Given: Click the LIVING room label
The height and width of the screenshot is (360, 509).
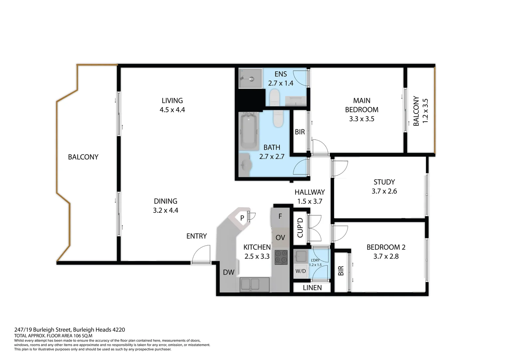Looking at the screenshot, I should (172, 101).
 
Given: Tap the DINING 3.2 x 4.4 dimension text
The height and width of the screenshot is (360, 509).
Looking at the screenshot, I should (166, 210).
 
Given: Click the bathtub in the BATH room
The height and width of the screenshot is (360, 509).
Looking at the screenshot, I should (249, 132).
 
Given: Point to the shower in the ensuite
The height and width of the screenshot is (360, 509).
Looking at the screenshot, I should (250, 79).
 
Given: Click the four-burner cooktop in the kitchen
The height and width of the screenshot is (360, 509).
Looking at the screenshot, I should (281, 257).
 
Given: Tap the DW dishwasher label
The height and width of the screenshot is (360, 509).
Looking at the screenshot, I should (229, 272).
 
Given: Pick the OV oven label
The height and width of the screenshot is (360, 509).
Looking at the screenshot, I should (280, 238).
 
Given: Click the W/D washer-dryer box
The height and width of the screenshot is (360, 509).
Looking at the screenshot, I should (300, 271).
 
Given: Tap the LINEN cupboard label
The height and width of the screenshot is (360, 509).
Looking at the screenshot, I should (312, 288).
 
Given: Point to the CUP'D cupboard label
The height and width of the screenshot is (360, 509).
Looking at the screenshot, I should (300, 228).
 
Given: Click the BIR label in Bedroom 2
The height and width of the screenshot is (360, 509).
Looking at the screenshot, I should (341, 271).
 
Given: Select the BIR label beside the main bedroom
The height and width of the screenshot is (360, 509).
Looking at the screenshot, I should (300, 132).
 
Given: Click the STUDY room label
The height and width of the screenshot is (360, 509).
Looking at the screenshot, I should (384, 182).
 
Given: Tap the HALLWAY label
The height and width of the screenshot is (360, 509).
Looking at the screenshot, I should (309, 192).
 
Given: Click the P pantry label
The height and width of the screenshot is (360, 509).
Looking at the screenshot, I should (242, 218).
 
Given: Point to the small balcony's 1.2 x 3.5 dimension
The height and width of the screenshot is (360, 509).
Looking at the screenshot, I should (425, 111).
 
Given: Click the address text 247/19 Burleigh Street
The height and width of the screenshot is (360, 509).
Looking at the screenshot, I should (43, 330).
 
